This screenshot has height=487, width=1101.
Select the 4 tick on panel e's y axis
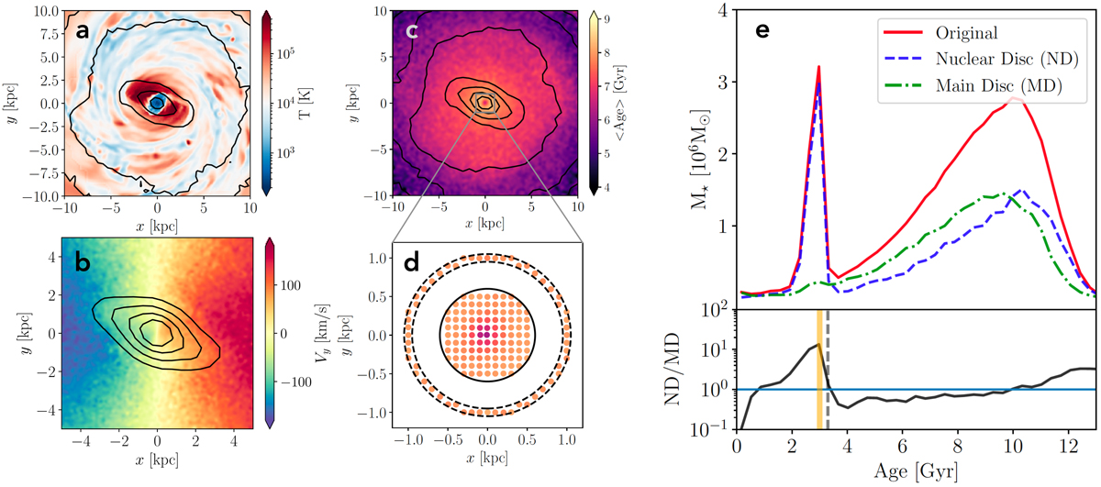click(723, 11)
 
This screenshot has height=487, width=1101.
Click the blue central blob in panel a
click(157, 103)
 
